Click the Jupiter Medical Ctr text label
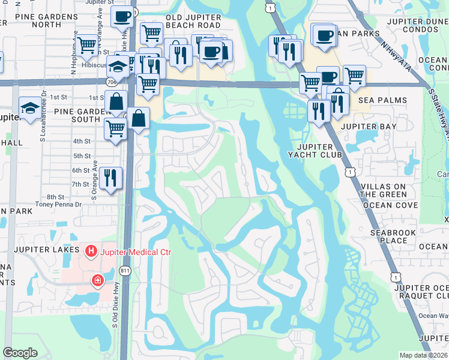136,251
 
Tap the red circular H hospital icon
91,251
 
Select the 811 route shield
125,271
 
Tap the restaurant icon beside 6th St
111,178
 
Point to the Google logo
20,353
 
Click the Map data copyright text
423,355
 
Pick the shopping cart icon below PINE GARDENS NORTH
87,44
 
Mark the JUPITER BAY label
369,127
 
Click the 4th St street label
82,141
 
